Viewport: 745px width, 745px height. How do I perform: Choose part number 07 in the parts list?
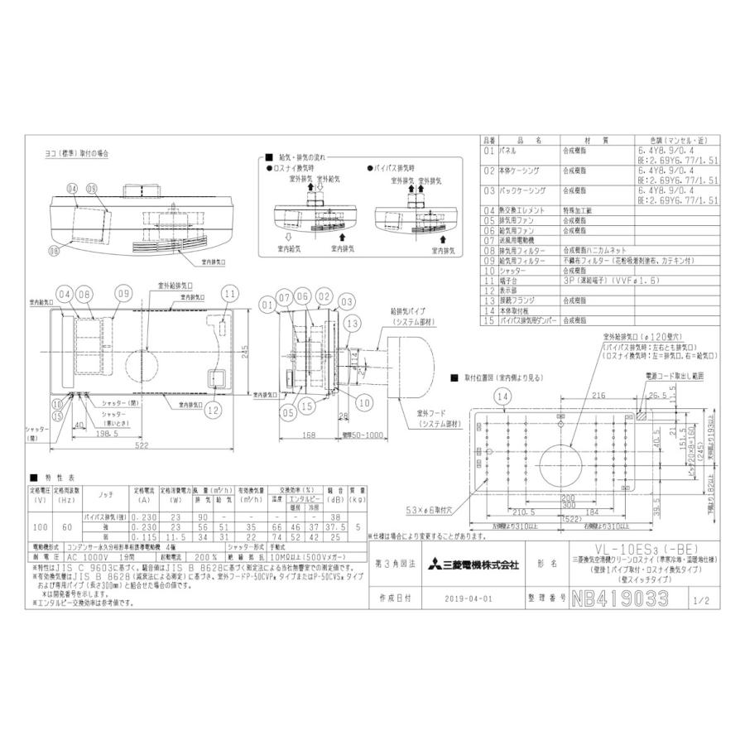tap(488, 239)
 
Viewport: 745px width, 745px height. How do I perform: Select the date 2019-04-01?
tap(468, 598)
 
